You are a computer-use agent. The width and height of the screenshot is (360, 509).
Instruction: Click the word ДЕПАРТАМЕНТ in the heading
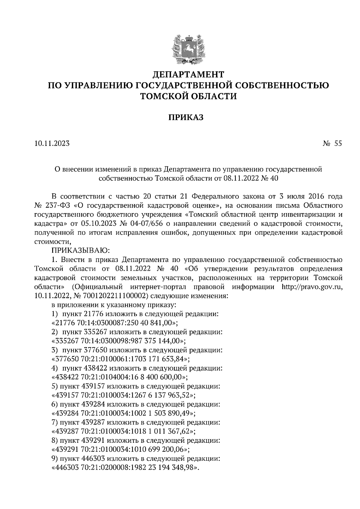click(x=189, y=74)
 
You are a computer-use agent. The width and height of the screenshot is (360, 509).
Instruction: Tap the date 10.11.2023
click(x=52, y=144)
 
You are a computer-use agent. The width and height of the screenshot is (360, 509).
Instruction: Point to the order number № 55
click(x=332, y=144)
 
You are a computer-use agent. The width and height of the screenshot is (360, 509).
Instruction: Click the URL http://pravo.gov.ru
click(x=312, y=287)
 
